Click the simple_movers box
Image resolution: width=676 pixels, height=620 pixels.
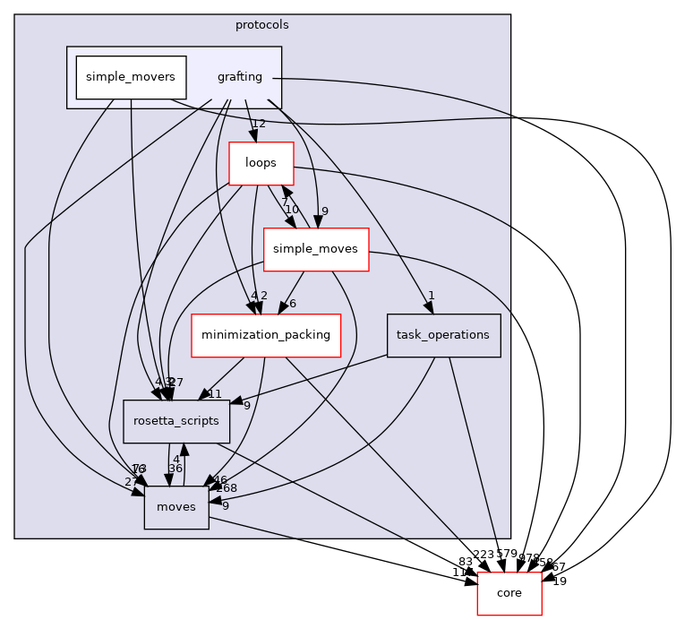(x=131, y=77)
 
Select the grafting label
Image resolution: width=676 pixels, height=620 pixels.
(x=239, y=77)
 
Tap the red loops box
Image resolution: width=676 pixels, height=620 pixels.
(x=261, y=163)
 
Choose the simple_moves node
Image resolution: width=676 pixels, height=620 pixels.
(x=316, y=249)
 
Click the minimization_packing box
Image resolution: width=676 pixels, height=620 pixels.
(x=266, y=335)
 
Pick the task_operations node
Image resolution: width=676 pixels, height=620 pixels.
(x=443, y=335)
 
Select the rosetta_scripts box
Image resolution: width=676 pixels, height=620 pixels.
(x=176, y=421)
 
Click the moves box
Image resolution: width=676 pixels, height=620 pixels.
(x=176, y=507)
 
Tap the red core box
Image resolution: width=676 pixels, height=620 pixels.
(x=509, y=593)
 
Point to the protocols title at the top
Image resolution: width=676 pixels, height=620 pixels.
(x=261, y=24)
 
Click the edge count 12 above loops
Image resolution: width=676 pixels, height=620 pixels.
(x=259, y=124)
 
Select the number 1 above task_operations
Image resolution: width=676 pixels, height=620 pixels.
(x=431, y=296)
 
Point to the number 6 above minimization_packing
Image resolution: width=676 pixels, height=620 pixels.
(x=292, y=303)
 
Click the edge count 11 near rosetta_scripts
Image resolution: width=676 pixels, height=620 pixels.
(x=214, y=393)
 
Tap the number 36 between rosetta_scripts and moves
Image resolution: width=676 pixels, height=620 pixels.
(x=175, y=468)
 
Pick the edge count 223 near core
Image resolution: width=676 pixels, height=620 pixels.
(x=483, y=554)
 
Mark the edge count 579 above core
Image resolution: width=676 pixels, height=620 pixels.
(x=507, y=554)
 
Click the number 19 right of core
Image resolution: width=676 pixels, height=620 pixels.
(x=560, y=581)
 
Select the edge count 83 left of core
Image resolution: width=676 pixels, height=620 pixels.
(x=465, y=562)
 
